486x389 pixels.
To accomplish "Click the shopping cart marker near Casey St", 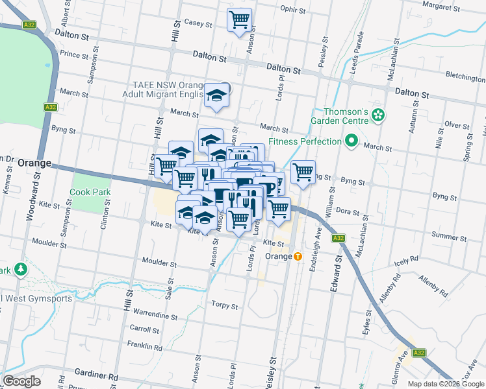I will [239, 19].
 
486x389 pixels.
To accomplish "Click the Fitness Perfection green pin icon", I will [352, 141].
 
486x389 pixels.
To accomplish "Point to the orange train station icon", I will [298, 256].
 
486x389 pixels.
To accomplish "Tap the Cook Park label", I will [90, 193].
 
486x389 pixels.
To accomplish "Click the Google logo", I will [22, 381].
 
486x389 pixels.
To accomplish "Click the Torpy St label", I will [225, 305].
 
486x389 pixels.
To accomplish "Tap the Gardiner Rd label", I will [97, 376].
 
